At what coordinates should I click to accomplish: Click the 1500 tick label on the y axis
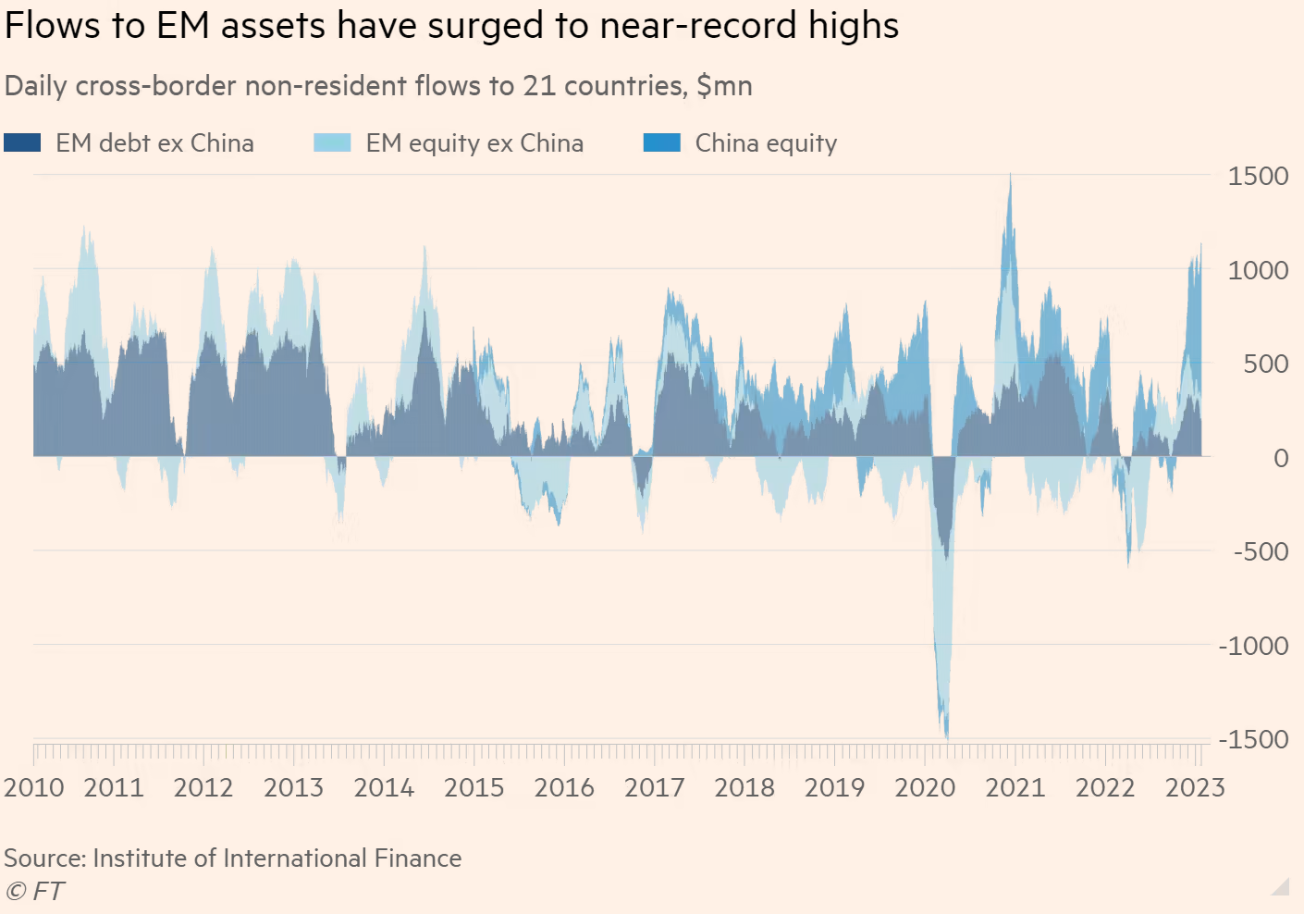coord(1257,176)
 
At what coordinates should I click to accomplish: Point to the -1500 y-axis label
coord(1253,739)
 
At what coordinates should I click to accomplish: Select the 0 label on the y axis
coord(1280,457)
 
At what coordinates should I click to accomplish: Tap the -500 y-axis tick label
coord(1261,551)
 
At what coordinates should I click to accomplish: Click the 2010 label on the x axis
coord(34,787)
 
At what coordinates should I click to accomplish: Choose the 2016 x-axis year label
coord(564,787)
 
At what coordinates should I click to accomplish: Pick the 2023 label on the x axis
coord(1195,787)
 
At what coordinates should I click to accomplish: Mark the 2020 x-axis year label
coord(925,787)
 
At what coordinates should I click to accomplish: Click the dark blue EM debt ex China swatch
coord(22,142)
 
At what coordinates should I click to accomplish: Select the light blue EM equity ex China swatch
coord(332,142)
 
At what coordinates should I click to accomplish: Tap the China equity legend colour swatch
coord(661,142)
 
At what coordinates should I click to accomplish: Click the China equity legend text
coord(766,143)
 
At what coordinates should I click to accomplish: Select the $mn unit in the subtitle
coord(724,86)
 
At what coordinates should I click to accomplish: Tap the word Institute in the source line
coord(148,858)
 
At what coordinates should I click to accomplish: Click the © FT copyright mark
coord(35,891)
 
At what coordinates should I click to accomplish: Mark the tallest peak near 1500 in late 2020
coord(1010,176)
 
